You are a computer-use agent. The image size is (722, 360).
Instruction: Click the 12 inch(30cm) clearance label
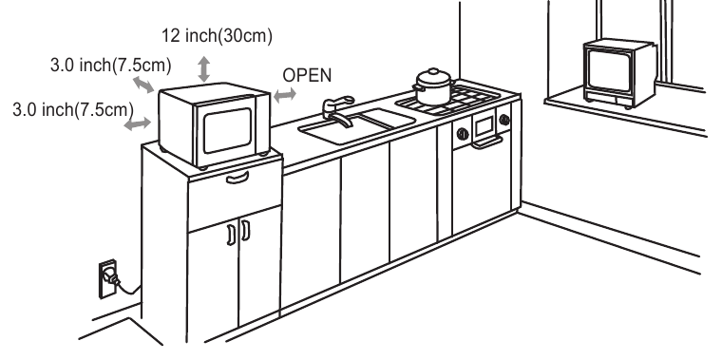pyautogui.click(x=217, y=35)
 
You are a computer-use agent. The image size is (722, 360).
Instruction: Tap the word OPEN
pyautogui.click(x=307, y=75)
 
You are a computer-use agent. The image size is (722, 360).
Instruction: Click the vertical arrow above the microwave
pyautogui.click(x=204, y=69)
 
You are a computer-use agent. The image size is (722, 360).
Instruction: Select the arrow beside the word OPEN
pyautogui.click(x=285, y=95)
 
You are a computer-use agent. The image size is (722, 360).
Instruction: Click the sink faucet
pyautogui.click(x=338, y=111)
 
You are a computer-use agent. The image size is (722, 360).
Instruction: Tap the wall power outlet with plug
pyautogui.click(x=108, y=278)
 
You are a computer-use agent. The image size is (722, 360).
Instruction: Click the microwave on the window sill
pyautogui.click(x=619, y=74)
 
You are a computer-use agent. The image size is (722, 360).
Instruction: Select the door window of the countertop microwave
pyautogui.click(x=227, y=130)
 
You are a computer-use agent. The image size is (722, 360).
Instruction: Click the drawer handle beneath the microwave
pyautogui.click(x=237, y=178)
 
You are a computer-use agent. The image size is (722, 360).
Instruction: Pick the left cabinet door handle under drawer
pyautogui.click(x=231, y=235)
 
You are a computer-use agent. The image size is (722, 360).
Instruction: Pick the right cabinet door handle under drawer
pyautogui.click(x=246, y=230)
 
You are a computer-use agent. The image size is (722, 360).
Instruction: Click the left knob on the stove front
pyautogui.click(x=463, y=134)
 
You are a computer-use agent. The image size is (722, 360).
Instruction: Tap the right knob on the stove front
pyautogui.click(x=504, y=120)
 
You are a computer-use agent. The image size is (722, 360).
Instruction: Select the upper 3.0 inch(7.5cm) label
pyautogui.click(x=110, y=66)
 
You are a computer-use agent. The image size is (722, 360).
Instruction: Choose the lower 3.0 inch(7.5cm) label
pyautogui.click(x=73, y=110)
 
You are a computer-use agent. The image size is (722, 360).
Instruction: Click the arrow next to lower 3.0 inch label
pyautogui.click(x=138, y=123)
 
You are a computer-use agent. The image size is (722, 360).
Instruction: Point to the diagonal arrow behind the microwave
pyautogui.click(x=143, y=85)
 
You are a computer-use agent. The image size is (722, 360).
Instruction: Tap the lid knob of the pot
pyautogui.click(x=433, y=71)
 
